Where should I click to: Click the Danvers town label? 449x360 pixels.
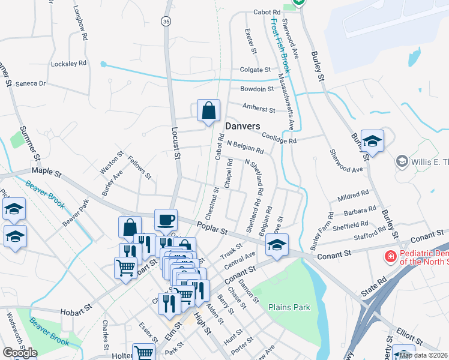point(243,127)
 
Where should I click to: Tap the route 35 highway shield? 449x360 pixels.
point(166,22)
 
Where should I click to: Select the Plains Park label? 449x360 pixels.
point(289,307)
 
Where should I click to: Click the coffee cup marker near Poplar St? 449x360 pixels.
point(166,220)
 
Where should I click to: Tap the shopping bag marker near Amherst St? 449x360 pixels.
point(208,111)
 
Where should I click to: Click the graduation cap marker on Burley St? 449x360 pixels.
point(372,142)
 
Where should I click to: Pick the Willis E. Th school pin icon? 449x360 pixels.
point(402,161)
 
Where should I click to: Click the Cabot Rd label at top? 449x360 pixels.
point(267,12)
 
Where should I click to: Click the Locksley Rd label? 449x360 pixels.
point(69,62)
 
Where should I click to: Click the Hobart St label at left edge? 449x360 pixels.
point(76,312)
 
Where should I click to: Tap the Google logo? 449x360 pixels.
point(20,353)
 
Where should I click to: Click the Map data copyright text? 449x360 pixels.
point(423,355)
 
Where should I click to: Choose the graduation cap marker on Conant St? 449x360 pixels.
point(276,245)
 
